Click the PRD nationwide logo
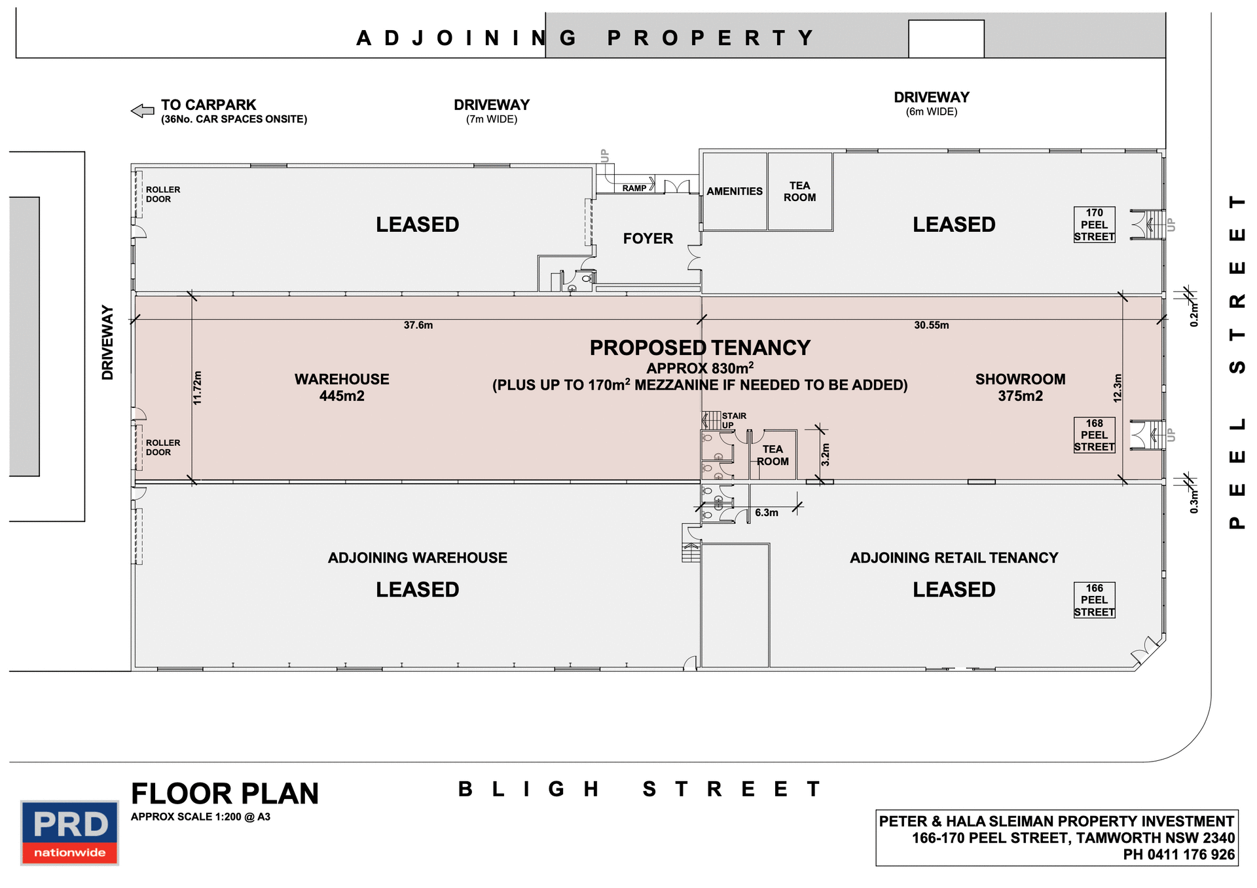point(69,832)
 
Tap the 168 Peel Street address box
point(1094,435)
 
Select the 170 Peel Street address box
point(1094,225)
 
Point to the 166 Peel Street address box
point(1094,600)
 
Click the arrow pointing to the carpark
point(143,111)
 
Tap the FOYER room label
point(647,238)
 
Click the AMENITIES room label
point(734,191)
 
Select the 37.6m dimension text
point(418,325)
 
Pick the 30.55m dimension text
point(931,325)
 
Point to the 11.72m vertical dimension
point(198,388)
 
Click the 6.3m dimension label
point(766,513)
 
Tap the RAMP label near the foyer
point(634,188)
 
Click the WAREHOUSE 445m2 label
point(342,387)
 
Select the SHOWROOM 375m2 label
point(1020,387)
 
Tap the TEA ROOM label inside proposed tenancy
point(773,455)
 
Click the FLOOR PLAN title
point(225,794)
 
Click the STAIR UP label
point(733,420)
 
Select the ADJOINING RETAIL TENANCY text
point(953,558)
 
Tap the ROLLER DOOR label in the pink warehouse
point(162,447)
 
